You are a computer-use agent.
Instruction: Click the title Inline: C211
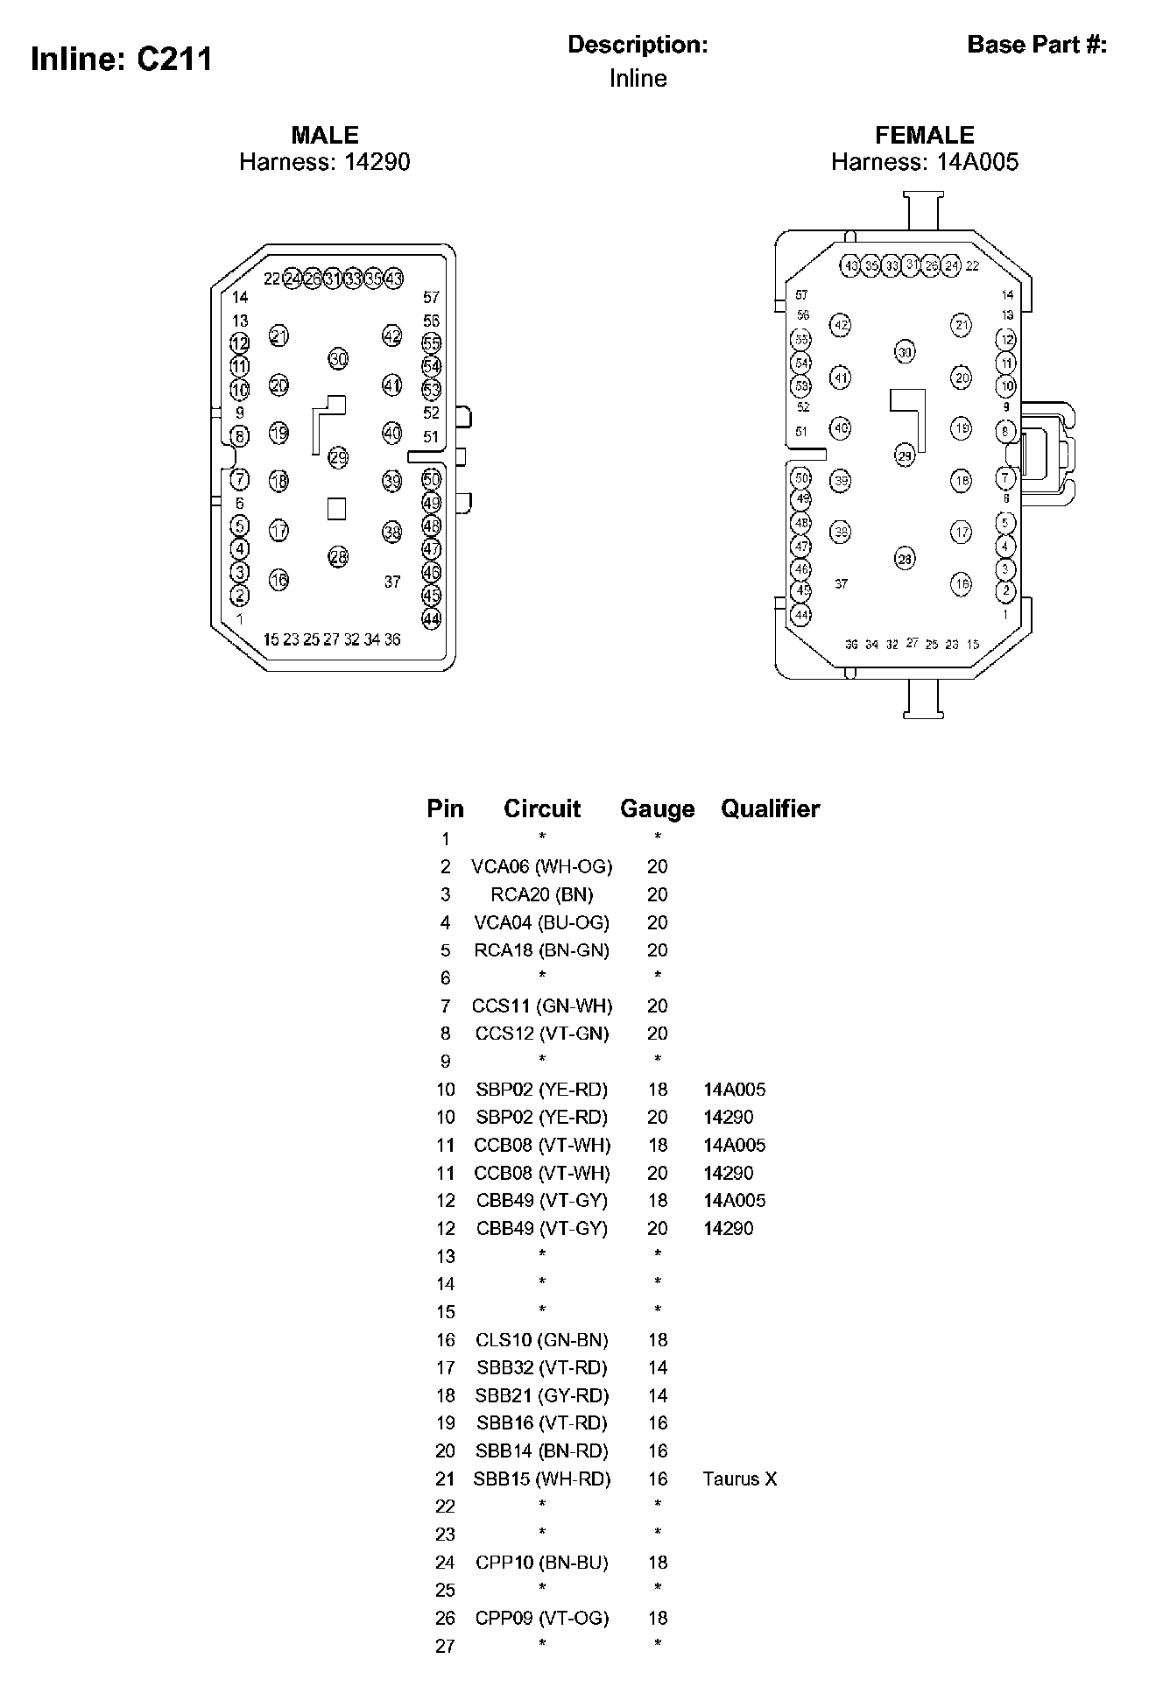[121, 60]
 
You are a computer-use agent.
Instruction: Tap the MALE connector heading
[325, 135]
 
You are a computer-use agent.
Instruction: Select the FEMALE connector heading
[924, 135]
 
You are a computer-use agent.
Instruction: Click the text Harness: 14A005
[924, 162]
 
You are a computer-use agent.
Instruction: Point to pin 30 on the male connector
[338, 358]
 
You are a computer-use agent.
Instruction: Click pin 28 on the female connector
[905, 558]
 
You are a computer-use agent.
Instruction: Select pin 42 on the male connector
[391, 335]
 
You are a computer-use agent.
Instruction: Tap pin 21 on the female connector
[962, 325]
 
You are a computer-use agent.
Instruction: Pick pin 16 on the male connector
[278, 579]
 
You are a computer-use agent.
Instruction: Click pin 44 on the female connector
[801, 615]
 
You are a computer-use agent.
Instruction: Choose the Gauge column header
[657, 808]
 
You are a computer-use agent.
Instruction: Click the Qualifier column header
[770, 808]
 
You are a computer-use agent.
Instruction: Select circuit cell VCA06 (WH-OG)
[541, 866]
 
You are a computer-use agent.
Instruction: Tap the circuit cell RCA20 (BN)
[541, 894]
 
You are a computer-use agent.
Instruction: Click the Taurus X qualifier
[739, 1479]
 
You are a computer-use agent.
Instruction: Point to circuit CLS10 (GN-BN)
[541, 1339]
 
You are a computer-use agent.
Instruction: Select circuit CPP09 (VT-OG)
[541, 1618]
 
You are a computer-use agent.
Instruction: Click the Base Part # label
[1037, 45]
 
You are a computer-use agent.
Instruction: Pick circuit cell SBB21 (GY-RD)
[541, 1395]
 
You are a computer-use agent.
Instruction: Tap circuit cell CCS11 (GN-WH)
[541, 1006]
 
